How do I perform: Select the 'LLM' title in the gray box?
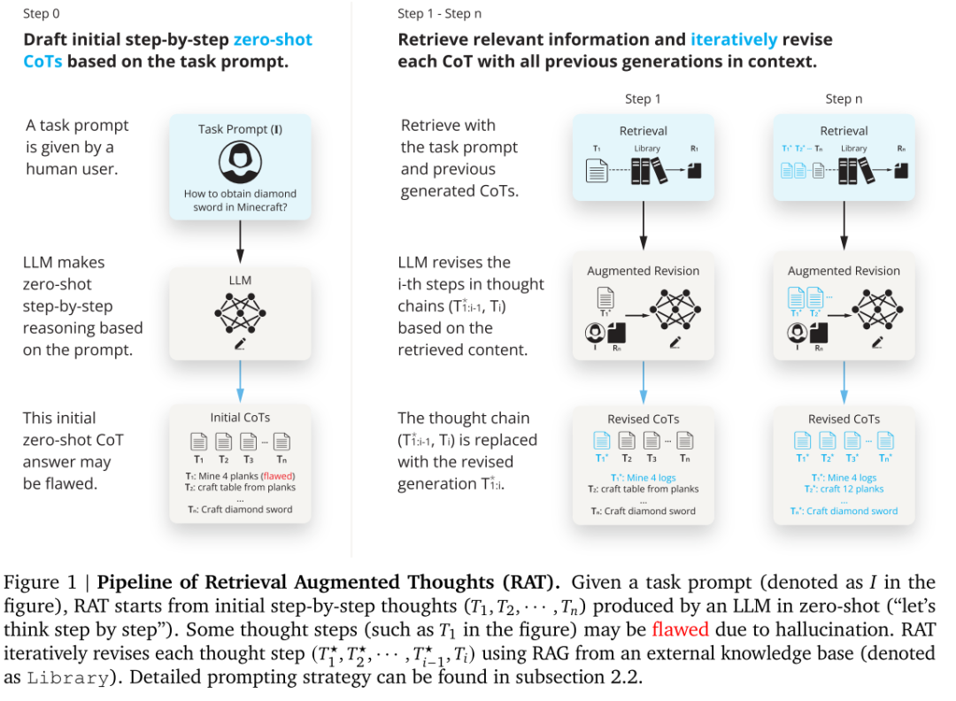[x=240, y=281]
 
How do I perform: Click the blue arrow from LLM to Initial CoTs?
[x=240, y=381]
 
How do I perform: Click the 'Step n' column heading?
[x=844, y=98]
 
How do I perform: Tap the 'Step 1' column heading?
[x=643, y=98]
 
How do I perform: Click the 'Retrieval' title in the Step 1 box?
[x=643, y=131]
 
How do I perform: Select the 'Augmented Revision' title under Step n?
[x=844, y=271]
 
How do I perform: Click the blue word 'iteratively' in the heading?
[x=734, y=40]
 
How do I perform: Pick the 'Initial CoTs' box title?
[x=240, y=418]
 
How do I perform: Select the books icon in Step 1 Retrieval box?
[x=647, y=170]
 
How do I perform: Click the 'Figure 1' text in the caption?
[x=35, y=583]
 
